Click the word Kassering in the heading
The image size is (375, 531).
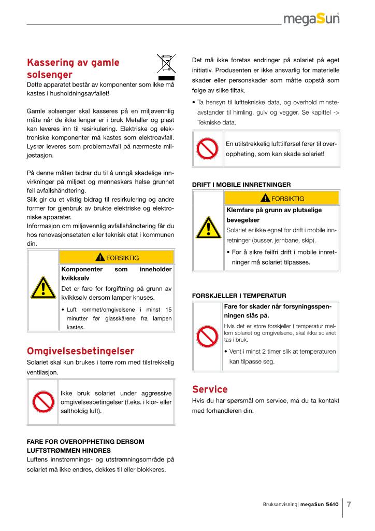coord(51,63)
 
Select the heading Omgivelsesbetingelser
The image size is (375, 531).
coord(80,351)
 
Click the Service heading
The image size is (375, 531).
coord(210,389)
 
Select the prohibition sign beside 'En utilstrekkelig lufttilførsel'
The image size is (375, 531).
coord(208,149)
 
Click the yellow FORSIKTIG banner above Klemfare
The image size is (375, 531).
coord(282,198)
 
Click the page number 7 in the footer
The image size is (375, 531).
coord(349,504)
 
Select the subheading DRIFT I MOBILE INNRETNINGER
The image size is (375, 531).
coord(241,184)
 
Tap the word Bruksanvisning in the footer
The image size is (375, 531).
coord(278,504)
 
